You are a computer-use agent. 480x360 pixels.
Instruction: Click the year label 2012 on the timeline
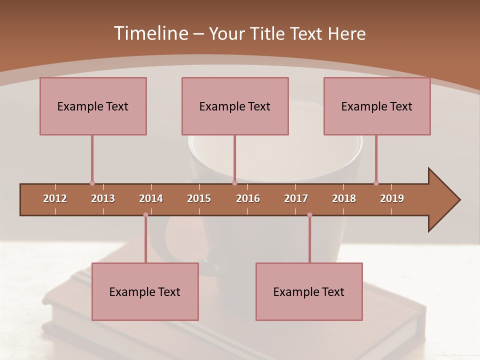tap(55, 198)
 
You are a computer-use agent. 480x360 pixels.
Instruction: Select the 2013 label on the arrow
tap(103, 198)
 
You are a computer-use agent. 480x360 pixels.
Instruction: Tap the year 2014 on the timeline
tap(151, 198)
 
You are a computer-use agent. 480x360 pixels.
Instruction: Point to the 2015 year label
tap(199, 198)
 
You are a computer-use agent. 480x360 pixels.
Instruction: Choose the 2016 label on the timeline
tap(248, 198)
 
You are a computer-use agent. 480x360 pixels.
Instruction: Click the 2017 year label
tap(296, 198)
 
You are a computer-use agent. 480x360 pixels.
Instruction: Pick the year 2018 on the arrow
tap(344, 198)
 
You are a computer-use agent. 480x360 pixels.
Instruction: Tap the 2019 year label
tap(392, 198)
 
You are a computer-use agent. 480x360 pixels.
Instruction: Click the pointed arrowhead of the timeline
tap(444, 200)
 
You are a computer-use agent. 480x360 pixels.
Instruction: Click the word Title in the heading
tap(267, 33)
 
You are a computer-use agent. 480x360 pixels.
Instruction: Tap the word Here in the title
tap(346, 33)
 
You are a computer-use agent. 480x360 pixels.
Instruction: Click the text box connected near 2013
tap(93, 106)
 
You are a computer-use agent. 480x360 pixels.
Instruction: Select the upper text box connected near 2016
tap(235, 106)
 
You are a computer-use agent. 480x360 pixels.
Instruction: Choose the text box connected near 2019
tap(377, 106)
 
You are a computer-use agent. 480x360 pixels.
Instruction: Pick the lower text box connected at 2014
tap(145, 291)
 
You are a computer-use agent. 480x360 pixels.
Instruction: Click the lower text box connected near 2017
tap(309, 291)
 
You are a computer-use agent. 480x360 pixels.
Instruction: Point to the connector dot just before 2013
tap(92, 183)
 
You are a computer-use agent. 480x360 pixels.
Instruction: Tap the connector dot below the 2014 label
tap(145, 215)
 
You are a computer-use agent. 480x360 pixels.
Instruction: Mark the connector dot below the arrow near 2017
tap(309, 215)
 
